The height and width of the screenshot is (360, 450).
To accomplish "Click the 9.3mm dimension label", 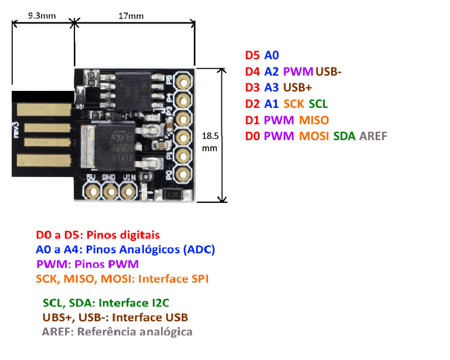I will point(42,16).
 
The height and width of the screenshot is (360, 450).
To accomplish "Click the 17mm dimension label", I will point(131,16).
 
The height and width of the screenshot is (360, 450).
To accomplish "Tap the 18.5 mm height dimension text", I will point(210,142).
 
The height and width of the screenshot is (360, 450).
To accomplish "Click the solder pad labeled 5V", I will point(92,191).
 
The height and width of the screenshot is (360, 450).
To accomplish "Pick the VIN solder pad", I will point(128,191).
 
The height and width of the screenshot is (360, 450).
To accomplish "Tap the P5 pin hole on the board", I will point(183,81).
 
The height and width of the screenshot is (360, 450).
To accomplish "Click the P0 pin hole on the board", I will point(183,172).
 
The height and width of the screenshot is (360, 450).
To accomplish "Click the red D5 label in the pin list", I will point(252,56).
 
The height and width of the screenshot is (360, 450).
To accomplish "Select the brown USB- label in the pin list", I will point(328,72).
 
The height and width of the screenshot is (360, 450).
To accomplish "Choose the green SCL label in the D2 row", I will point(318,104).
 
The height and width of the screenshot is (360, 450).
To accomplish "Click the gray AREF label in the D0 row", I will point(374,137).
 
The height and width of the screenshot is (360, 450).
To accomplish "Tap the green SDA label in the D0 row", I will point(344,137).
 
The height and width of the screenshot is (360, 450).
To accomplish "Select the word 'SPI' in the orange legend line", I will point(199,279).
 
